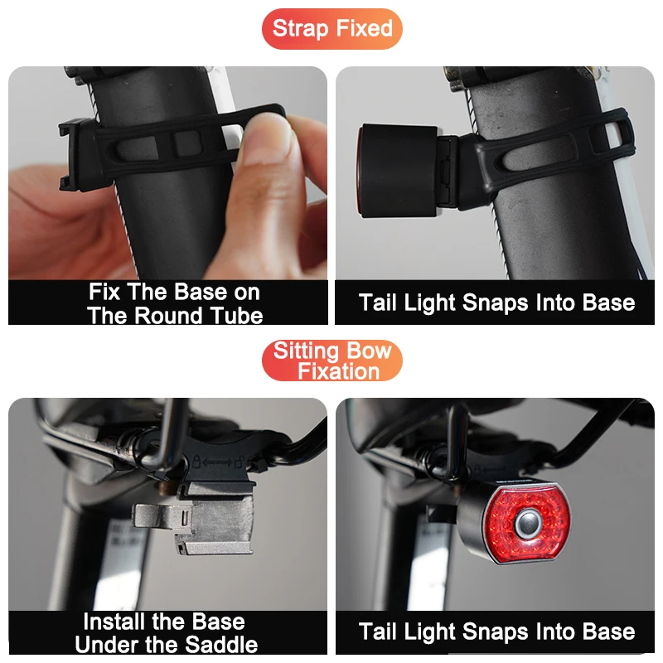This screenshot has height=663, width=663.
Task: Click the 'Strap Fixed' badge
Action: [332, 29]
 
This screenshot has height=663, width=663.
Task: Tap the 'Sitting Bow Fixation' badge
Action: [332, 361]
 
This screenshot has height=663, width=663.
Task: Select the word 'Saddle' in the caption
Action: [221, 644]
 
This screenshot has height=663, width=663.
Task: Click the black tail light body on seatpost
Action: [398, 171]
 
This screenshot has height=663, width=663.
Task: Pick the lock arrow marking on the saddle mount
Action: [217, 462]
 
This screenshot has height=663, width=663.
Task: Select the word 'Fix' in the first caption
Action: [104, 292]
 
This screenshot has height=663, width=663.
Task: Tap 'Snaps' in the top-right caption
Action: [496, 303]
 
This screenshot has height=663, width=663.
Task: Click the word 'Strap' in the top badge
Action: [300, 29]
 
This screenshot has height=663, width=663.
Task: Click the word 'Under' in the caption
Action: [107, 644]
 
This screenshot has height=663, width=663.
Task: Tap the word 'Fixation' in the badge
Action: [338, 371]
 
